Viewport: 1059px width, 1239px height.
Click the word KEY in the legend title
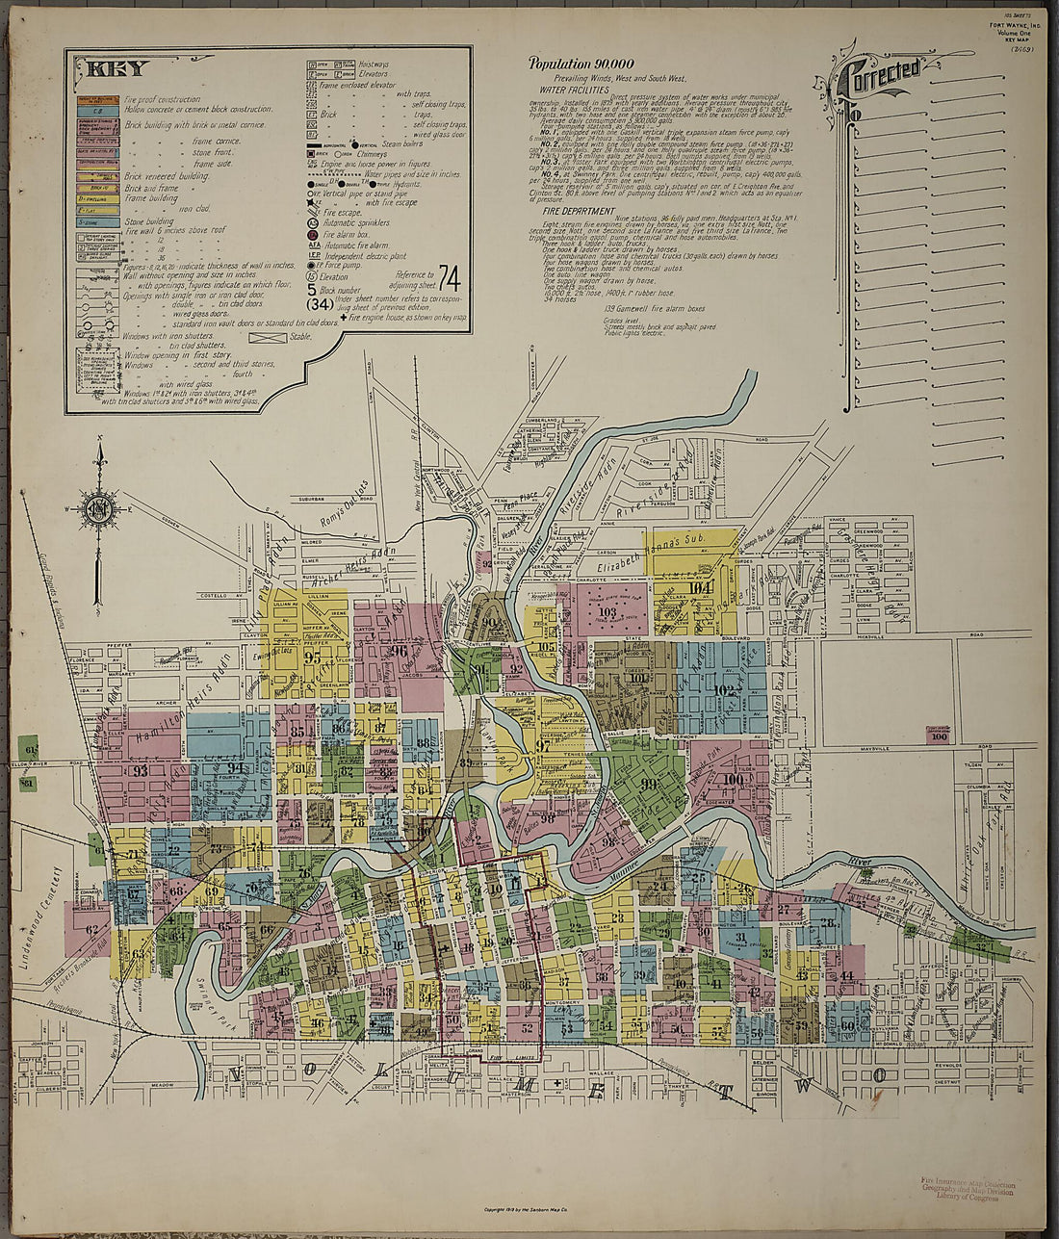point(117,68)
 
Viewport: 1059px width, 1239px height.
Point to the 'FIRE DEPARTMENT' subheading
point(578,211)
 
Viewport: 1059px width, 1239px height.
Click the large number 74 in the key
point(449,277)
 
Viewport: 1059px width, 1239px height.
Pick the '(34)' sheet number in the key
point(320,304)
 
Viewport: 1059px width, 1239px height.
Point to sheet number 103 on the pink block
point(607,611)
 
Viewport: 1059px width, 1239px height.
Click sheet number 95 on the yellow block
point(312,658)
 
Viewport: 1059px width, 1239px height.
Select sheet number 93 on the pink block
point(141,769)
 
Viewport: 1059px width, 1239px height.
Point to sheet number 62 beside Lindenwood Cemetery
point(92,930)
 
